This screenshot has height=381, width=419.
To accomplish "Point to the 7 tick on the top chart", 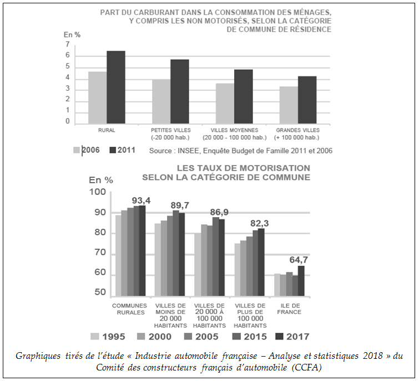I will click(68, 44).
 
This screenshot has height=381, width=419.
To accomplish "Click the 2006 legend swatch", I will click(77, 150).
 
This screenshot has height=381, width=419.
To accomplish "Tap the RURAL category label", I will click(98, 131).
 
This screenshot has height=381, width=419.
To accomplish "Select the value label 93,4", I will click(142, 200).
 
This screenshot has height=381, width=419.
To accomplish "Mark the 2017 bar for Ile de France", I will click(301, 281).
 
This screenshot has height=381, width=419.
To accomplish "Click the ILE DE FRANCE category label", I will click(289, 309).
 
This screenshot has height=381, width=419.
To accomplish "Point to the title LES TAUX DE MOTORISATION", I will click(243, 168).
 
